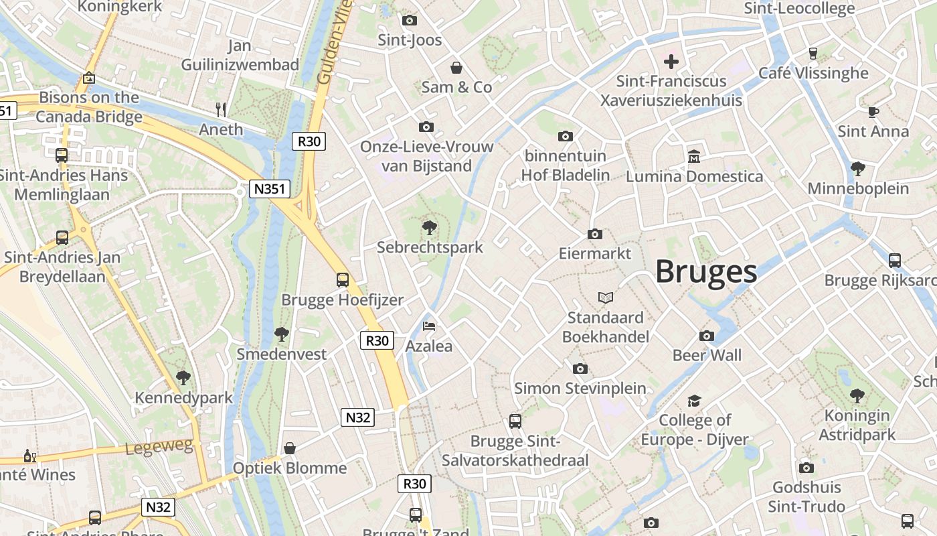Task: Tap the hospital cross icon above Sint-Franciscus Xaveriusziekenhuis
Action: click(x=671, y=62)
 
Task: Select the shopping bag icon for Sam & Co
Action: click(x=456, y=68)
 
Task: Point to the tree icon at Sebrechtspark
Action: click(x=429, y=228)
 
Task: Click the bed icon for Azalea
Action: click(x=429, y=326)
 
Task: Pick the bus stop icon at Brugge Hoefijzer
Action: click(x=343, y=279)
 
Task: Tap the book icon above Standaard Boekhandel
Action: click(x=605, y=297)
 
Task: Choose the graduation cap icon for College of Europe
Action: click(x=694, y=401)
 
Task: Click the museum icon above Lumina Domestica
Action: click(x=694, y=157)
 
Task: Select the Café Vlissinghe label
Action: click(x=813, y=73)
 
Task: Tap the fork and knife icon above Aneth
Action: click(x=221, y=109)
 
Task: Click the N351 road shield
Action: click(x=270, y=189)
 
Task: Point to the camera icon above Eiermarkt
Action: click(x=594, y=234)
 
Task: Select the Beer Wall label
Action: click(x=707, y=355)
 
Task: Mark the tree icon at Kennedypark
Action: click(x=183, y=378)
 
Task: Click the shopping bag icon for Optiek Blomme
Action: click(x=290, y=448)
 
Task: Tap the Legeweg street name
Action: click(x=159, y=447)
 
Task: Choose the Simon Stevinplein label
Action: click(x=580, y=388)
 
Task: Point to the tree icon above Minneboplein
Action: click(x=857, y=168)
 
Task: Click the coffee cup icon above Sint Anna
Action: click(x=873, y=112)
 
